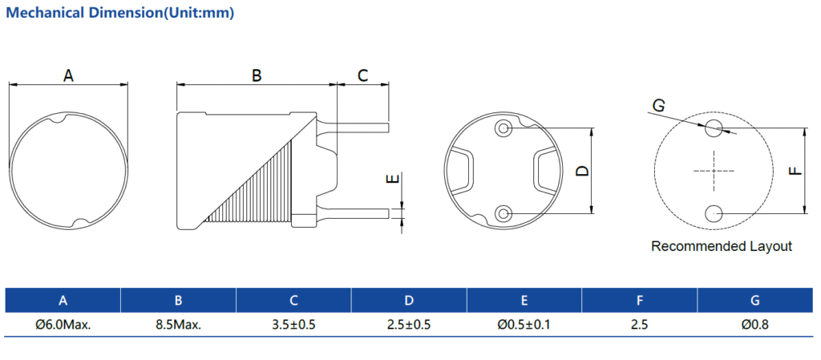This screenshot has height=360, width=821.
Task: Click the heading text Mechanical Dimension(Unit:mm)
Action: (x=120, y=14)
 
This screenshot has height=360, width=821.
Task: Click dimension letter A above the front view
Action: (x=68, y=76)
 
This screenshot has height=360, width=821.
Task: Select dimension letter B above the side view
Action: (x=257, y=76)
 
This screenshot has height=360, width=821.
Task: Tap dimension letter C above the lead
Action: (x=362, y=76)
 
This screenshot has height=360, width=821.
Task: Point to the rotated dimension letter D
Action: (x=583, y=170)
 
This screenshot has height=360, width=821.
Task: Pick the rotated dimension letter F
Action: (x=795, y=170)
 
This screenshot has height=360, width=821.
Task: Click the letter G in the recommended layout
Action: (x=658, y=106)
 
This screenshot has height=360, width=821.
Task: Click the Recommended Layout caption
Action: (x=721, y=246)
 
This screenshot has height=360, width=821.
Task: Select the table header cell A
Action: (x=63, y=301)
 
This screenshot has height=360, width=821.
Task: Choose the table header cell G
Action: (x=755, y=301)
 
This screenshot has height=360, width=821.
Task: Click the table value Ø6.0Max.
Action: (x=63, y=325)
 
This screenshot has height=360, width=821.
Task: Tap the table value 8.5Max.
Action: (x=178, y=325)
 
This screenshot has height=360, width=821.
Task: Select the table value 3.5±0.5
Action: (x=293, y=325)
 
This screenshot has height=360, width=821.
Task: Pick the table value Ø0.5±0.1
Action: (x=524, y=325)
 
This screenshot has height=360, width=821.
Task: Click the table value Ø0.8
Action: (x=755, y=325)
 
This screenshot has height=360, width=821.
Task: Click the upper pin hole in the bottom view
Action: (x=504, y=128)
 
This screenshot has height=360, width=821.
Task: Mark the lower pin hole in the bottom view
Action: (x=504, y=212)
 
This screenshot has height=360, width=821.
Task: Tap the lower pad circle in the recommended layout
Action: (x=714, y=212)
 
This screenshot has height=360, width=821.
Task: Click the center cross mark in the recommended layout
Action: (x=714, y=170)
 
